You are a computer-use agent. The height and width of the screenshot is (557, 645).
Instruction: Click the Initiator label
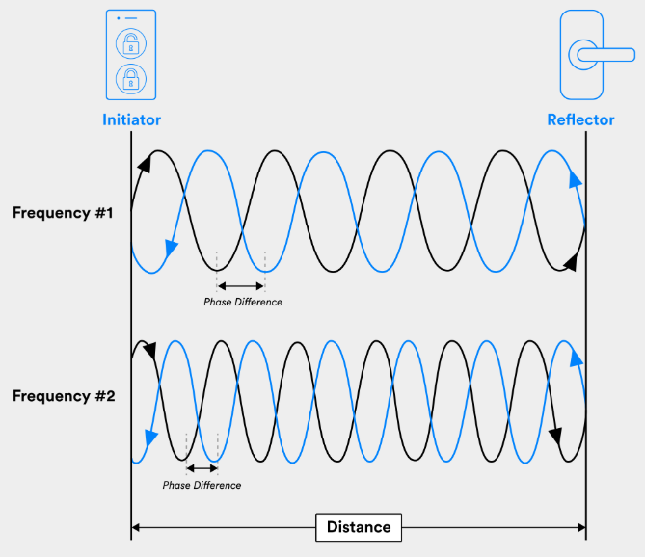132,120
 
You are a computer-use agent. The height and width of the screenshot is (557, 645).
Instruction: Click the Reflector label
581,120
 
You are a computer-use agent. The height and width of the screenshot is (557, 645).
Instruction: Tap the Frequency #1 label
63,213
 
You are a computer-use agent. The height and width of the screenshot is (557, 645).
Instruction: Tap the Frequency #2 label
63,395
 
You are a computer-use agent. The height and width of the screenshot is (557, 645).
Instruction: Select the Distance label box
359,527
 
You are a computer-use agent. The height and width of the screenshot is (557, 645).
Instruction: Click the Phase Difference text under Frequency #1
243,302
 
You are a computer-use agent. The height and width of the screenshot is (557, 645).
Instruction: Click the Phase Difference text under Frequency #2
202,485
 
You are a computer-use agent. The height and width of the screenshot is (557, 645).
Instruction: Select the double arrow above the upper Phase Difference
240,285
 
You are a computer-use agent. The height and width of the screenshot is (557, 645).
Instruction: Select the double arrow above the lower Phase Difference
202,468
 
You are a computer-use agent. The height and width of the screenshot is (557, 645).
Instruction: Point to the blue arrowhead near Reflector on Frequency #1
576,179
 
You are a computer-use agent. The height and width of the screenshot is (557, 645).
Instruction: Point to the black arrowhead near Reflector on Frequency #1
572,260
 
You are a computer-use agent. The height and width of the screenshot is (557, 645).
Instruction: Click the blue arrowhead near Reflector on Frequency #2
577,359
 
